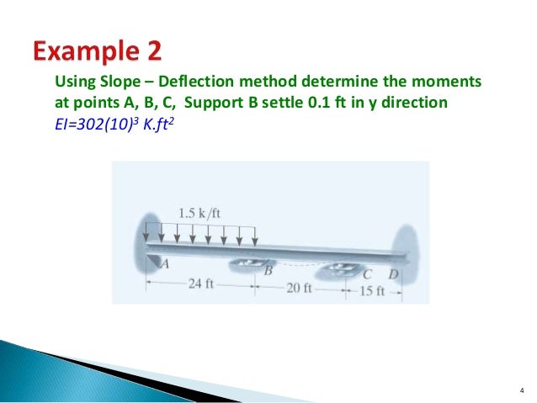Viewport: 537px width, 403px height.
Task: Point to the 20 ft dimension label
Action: click(300, 289)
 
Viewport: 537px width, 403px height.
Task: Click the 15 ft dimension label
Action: click(371, 291)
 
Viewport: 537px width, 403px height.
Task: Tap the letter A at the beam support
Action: click(165, 263)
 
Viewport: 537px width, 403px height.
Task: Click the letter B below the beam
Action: click(268, 270)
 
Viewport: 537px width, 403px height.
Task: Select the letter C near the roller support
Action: click(367, 274)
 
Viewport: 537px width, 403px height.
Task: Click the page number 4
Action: click(520, 389)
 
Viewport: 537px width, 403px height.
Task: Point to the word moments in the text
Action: click(447, 82)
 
